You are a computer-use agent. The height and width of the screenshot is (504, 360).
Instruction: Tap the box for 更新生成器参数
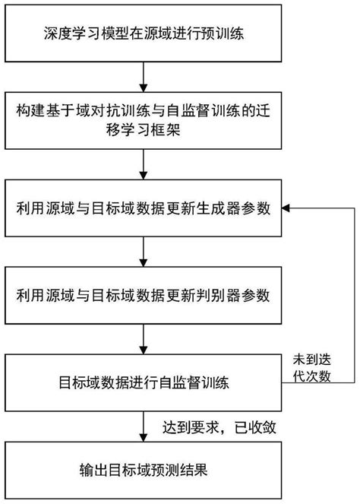[x=144, y=208]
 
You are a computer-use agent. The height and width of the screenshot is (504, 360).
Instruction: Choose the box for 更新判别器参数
[x=144, y=293]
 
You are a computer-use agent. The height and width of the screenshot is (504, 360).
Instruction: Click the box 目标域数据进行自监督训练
[x=144, y=382]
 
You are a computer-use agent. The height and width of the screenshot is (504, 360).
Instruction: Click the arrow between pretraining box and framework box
[x=144, y=77]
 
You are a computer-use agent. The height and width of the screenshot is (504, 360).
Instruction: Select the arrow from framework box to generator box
[x=144, y=164]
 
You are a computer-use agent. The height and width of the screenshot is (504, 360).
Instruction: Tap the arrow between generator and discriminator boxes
[x=144, y=250]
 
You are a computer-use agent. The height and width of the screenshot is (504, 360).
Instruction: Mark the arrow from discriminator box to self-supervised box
[x=144, y=337]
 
